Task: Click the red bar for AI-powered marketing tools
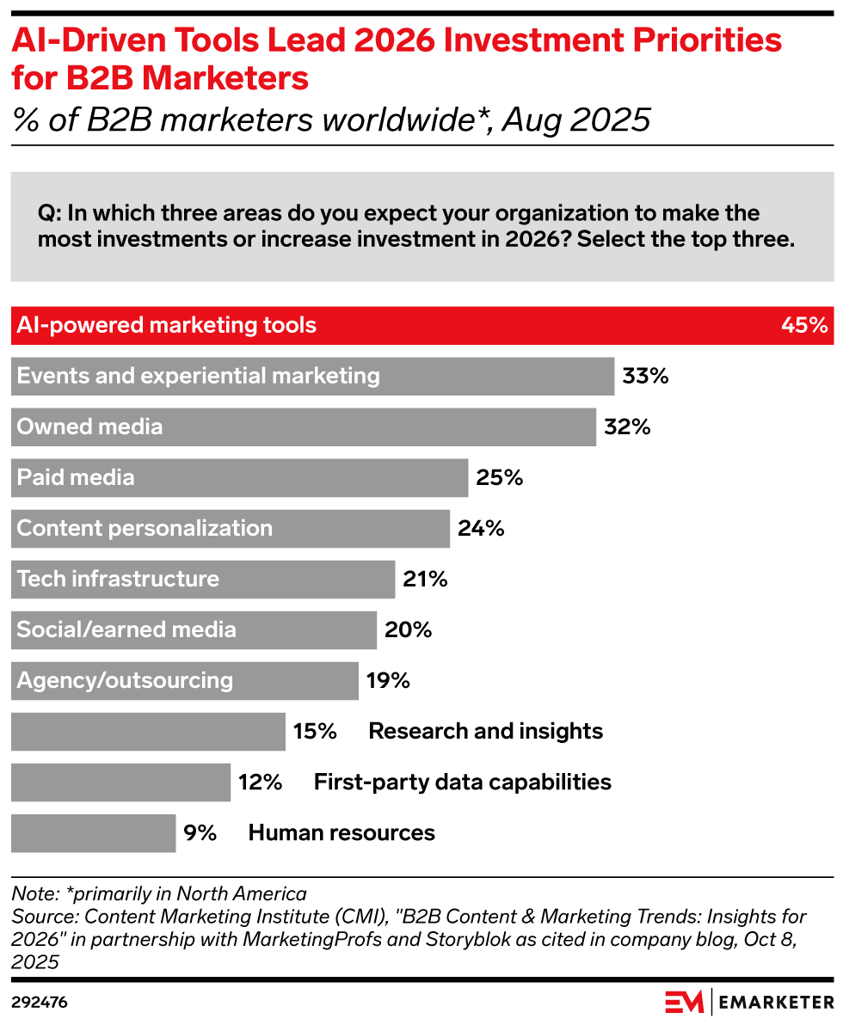(x=421, y=326)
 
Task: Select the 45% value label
(x=804, y=326)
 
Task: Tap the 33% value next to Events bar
(x=645, y=376)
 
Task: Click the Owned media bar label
(x=89, y=427)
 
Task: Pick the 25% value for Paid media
(x=500, y=477)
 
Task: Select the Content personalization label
(x=145, y=528)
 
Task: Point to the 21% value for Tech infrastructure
(x=425, y=579)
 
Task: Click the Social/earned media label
(x=126, y=629)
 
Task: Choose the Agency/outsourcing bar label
(x=125, y=680)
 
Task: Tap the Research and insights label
(x=485, y=731)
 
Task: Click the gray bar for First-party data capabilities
(x=120, y=782)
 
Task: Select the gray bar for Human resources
(x=93, y=832)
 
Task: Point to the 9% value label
(x=200, y=832)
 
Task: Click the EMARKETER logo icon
(x=684, y=1002)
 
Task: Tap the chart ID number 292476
(x=40, y=1003)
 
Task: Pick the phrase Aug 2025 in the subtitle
(x=575, y=120)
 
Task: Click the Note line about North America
(x=159, y=893)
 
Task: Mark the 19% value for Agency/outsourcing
(x=388, y=680)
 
